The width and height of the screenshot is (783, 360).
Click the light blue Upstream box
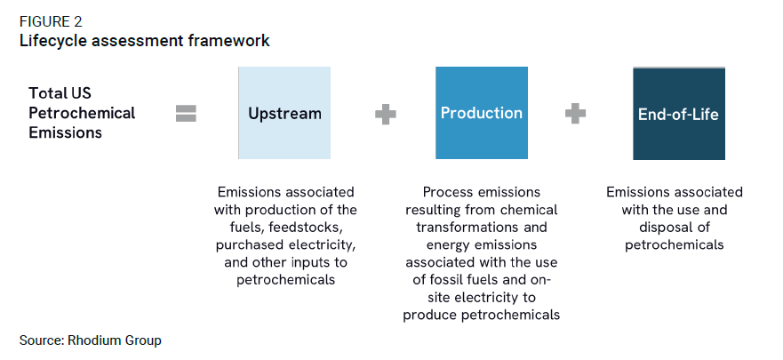[284, 113]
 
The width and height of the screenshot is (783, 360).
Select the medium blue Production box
[482, 113]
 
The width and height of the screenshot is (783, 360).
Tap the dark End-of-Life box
[679, 114]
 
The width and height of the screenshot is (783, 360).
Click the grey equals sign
[187, 114]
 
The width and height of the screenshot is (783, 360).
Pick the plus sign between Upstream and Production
[386, 114]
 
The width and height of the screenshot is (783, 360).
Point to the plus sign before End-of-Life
[575, 114]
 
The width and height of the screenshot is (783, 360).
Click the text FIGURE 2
[51, 22]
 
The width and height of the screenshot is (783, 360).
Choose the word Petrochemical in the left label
[82, 113]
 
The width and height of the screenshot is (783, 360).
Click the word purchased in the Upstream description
[244, 245]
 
